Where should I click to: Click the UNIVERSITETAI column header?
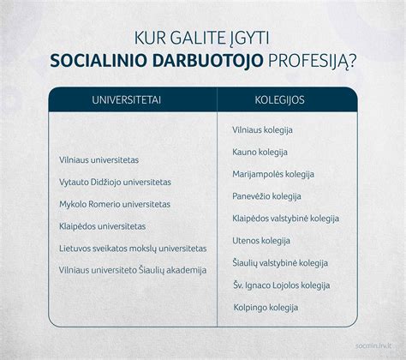(x=131, y=99)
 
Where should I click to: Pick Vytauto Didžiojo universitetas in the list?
(x=122, y=182)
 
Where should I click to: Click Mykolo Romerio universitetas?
(x=121, y=204)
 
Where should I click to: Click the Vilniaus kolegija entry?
(x=263, y=129)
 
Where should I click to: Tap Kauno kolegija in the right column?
(x=260, y=152)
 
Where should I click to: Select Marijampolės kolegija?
(x=273, y=174)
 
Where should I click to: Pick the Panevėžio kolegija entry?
(x=266, y=196)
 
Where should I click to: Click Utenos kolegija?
(x=261, y=241)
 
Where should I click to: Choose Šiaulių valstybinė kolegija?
(x=280, y=263)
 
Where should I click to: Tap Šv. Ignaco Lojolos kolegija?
(x=281, y=285)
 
